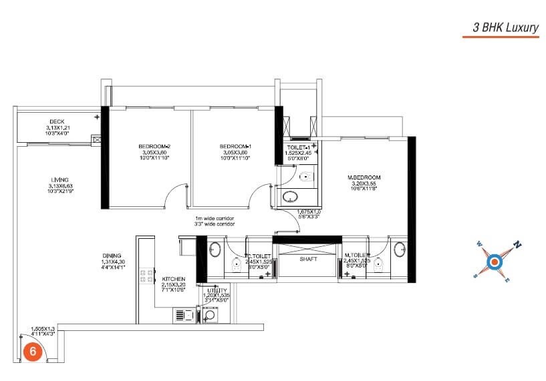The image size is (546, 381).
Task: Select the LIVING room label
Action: coord(60,179)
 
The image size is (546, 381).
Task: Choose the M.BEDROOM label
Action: coord(363,177)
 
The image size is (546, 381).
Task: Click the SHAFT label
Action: coord(308,260)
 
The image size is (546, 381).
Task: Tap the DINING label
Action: coord(112,256)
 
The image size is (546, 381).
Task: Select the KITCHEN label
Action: coord(174,280)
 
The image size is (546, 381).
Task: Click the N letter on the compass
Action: coord(517,244)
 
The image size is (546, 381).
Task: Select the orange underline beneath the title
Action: coord(501,37)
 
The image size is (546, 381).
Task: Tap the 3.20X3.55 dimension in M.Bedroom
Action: coord(363,183)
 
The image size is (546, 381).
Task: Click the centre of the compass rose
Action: coord(495,261)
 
